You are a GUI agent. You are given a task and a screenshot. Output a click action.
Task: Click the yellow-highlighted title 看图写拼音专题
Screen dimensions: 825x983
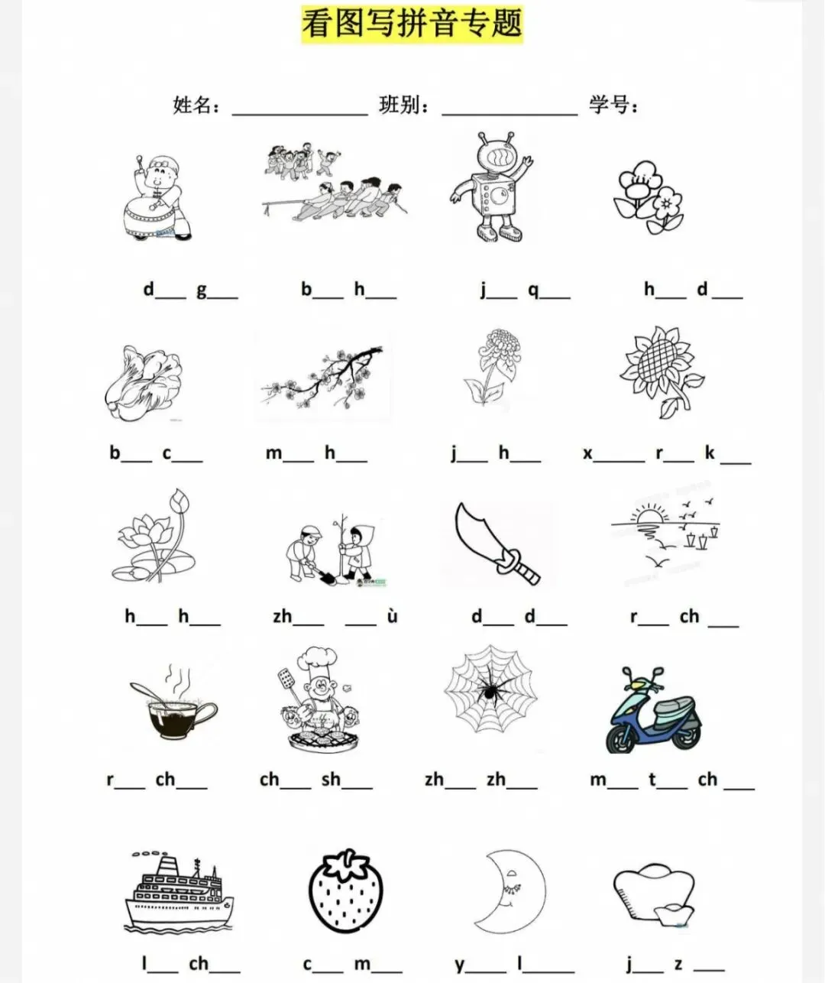click(412, 24)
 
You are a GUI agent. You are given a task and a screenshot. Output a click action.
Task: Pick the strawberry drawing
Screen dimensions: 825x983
click(346, 891)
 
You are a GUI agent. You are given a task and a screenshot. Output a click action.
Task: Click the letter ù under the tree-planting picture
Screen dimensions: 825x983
click(392, 616)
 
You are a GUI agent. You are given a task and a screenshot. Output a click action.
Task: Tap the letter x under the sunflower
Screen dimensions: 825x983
click(587, 453)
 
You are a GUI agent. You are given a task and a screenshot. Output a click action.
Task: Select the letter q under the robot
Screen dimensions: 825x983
click(532, 290)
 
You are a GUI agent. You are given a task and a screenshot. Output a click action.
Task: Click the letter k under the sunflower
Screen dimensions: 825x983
click(710, 452)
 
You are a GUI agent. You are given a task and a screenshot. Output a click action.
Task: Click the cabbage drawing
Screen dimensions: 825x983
click(144, 382)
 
